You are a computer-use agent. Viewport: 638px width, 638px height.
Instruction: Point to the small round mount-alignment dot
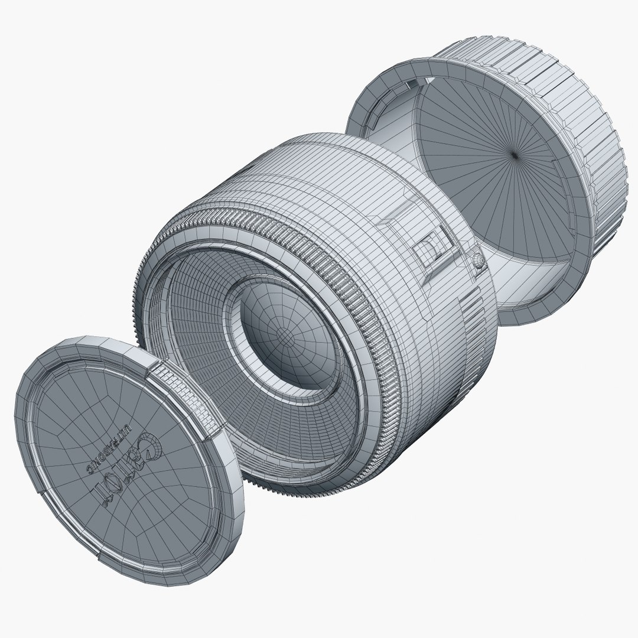point(478,261)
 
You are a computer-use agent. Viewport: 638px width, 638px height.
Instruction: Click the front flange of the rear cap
point(378,100)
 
